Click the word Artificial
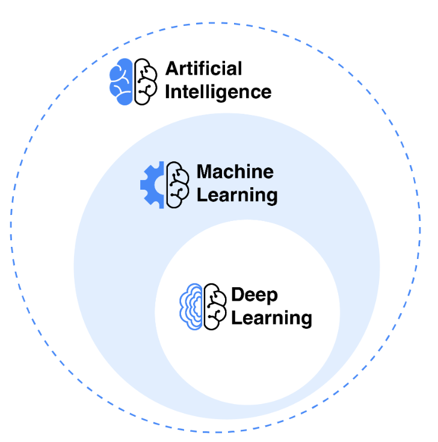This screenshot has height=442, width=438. click(203, 68)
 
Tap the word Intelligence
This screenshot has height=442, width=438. click(218, 92)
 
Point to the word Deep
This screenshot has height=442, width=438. click(254, 295)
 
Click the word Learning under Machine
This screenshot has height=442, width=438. click(237, 196)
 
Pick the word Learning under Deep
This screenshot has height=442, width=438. click(271, 318)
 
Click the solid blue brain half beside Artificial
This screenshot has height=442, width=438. click(121, 82)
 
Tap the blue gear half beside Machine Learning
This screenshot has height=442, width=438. click(153, 185)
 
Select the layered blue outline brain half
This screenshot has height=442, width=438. click(191, 307)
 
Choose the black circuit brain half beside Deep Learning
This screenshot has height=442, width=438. click(212, 307)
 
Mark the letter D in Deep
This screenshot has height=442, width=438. click(238, 295)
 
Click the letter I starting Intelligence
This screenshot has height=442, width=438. click(167, 92)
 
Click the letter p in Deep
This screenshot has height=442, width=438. click(271, 297)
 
